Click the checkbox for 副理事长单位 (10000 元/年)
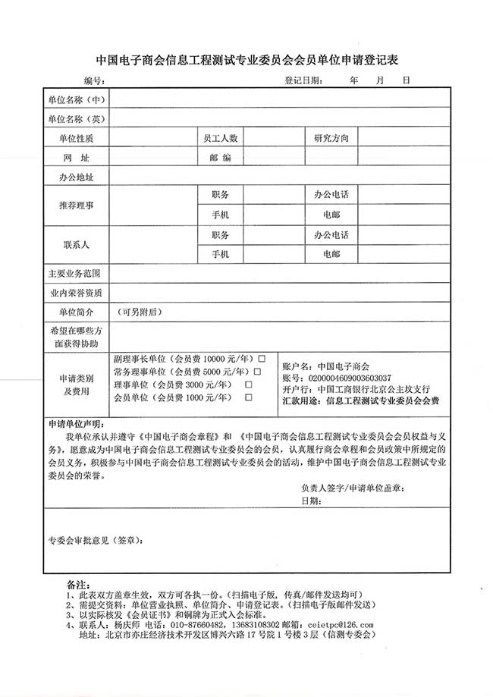pos(261,358)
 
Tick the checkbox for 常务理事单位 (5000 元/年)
pos(257,371)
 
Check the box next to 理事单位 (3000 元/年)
pos(248,385)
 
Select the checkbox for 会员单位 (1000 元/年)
pos(248,397)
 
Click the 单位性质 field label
pos(76,138)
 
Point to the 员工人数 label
pos(220,138)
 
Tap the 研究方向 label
pos(331,138)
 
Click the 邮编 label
pos(220,158)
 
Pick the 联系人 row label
pos(76,244)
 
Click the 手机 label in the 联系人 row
pos(220,254)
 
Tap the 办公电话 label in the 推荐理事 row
pos(331,196)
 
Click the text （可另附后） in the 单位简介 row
pos(139,312)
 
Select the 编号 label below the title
pos(93,80)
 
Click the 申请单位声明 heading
pos(73,423)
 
